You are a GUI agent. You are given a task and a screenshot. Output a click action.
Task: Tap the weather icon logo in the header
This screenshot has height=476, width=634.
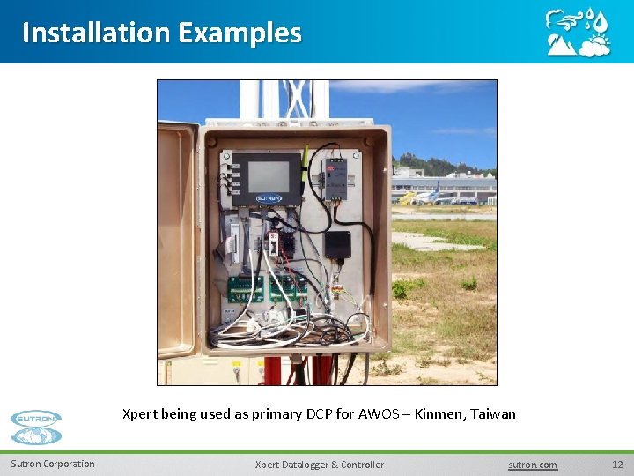click(578, 33)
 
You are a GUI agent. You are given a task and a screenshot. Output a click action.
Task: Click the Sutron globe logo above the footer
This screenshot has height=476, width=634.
click(36, 427)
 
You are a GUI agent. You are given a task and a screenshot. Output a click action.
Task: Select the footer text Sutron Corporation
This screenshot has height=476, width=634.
click(53, 464)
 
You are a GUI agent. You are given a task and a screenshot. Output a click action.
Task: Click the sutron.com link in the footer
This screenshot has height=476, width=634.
click(533, 465)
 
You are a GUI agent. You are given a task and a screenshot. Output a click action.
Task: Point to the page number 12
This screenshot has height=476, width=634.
click(616, 465)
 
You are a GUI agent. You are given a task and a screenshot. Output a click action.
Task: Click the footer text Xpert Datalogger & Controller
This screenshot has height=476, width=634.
click(319, 465)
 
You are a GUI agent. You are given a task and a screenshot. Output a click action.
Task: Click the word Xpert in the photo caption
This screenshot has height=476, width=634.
click(140, 413)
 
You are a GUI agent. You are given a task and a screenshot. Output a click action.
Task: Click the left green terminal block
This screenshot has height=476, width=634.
click(247, 288)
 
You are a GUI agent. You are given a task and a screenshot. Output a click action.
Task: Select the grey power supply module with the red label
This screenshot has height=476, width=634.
click(337, 178)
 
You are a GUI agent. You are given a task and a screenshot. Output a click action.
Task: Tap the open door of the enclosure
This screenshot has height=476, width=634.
click(177, 238)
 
